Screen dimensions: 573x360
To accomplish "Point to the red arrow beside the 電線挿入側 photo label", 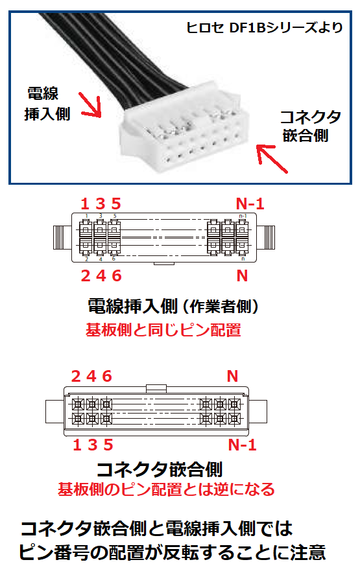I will pos(90,105).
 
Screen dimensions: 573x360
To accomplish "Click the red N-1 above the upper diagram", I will pos(250,204).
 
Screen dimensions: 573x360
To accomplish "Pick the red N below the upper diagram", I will pos(243,275).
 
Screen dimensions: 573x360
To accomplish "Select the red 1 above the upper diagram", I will pos(84,204).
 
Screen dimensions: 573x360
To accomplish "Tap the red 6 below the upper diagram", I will pos(117,275).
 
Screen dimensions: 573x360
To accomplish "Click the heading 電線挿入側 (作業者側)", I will pos(173,306).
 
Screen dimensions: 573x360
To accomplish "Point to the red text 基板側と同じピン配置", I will pos(163,330).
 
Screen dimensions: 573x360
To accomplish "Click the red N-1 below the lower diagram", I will pos(243,445).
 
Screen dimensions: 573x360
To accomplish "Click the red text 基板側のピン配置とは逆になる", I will pos(166,489).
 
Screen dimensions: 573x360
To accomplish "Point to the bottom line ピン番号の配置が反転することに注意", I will pos(171,553).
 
